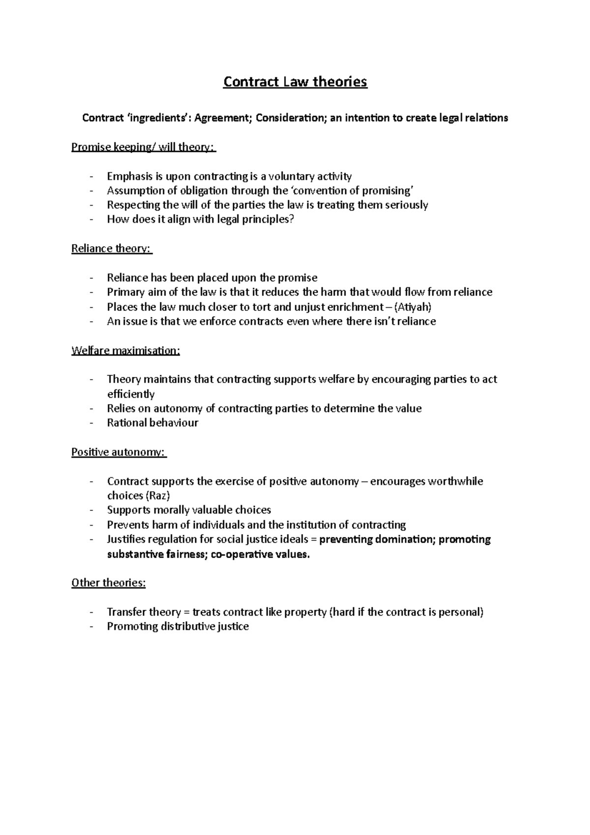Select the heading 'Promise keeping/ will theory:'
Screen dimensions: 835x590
143,147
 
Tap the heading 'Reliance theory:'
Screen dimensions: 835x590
112,248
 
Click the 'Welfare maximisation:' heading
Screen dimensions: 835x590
126,351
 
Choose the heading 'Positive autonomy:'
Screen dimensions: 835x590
118,452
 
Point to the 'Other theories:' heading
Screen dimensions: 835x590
109,583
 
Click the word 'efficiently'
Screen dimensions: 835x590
131,394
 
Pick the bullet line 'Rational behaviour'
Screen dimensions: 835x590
152,423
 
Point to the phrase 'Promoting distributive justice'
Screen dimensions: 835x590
178,626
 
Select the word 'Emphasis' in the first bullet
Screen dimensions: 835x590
127,176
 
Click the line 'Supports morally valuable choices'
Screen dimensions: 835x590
189,510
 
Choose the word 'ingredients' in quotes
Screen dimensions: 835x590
157,118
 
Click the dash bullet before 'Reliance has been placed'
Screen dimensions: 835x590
91,278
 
